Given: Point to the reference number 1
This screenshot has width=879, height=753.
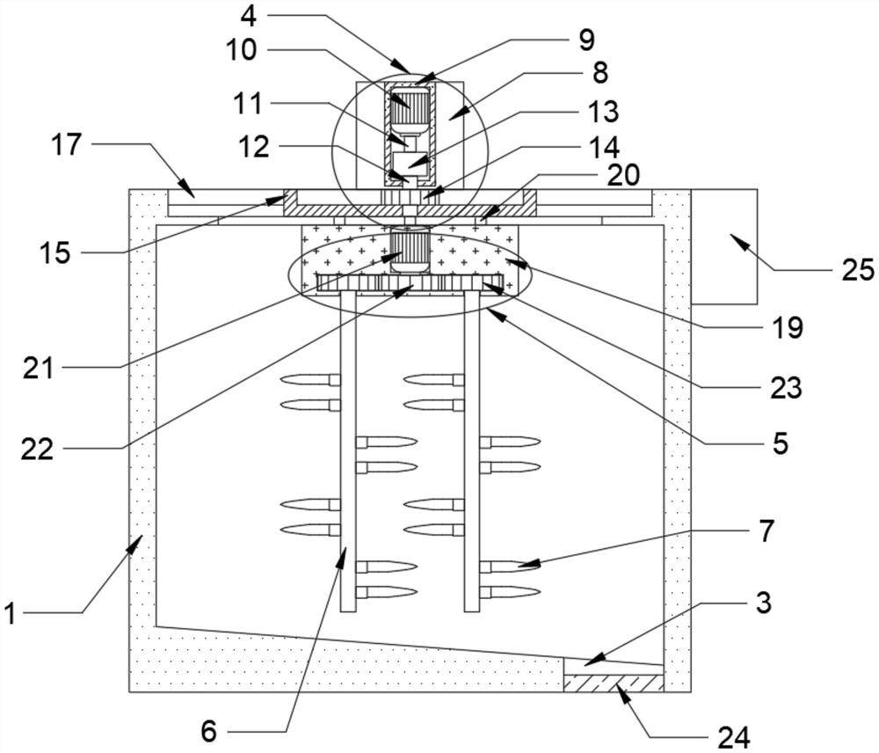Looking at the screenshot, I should tap(11, 613).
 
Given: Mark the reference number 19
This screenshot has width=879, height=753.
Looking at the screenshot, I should tap(787, 329).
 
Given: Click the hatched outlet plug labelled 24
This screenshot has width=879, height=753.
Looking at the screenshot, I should tap(613, 683).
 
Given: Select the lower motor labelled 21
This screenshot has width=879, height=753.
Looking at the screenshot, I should tap(408, 249).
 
